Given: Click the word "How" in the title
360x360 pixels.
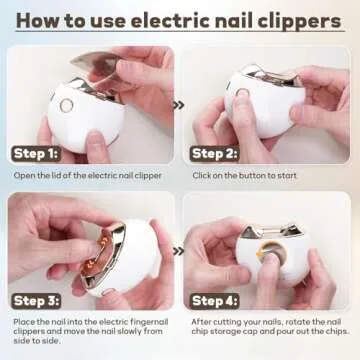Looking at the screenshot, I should (41, 19).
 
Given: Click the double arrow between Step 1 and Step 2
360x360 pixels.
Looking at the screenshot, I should (179, 103).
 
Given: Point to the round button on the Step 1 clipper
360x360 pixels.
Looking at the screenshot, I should (66, 105).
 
